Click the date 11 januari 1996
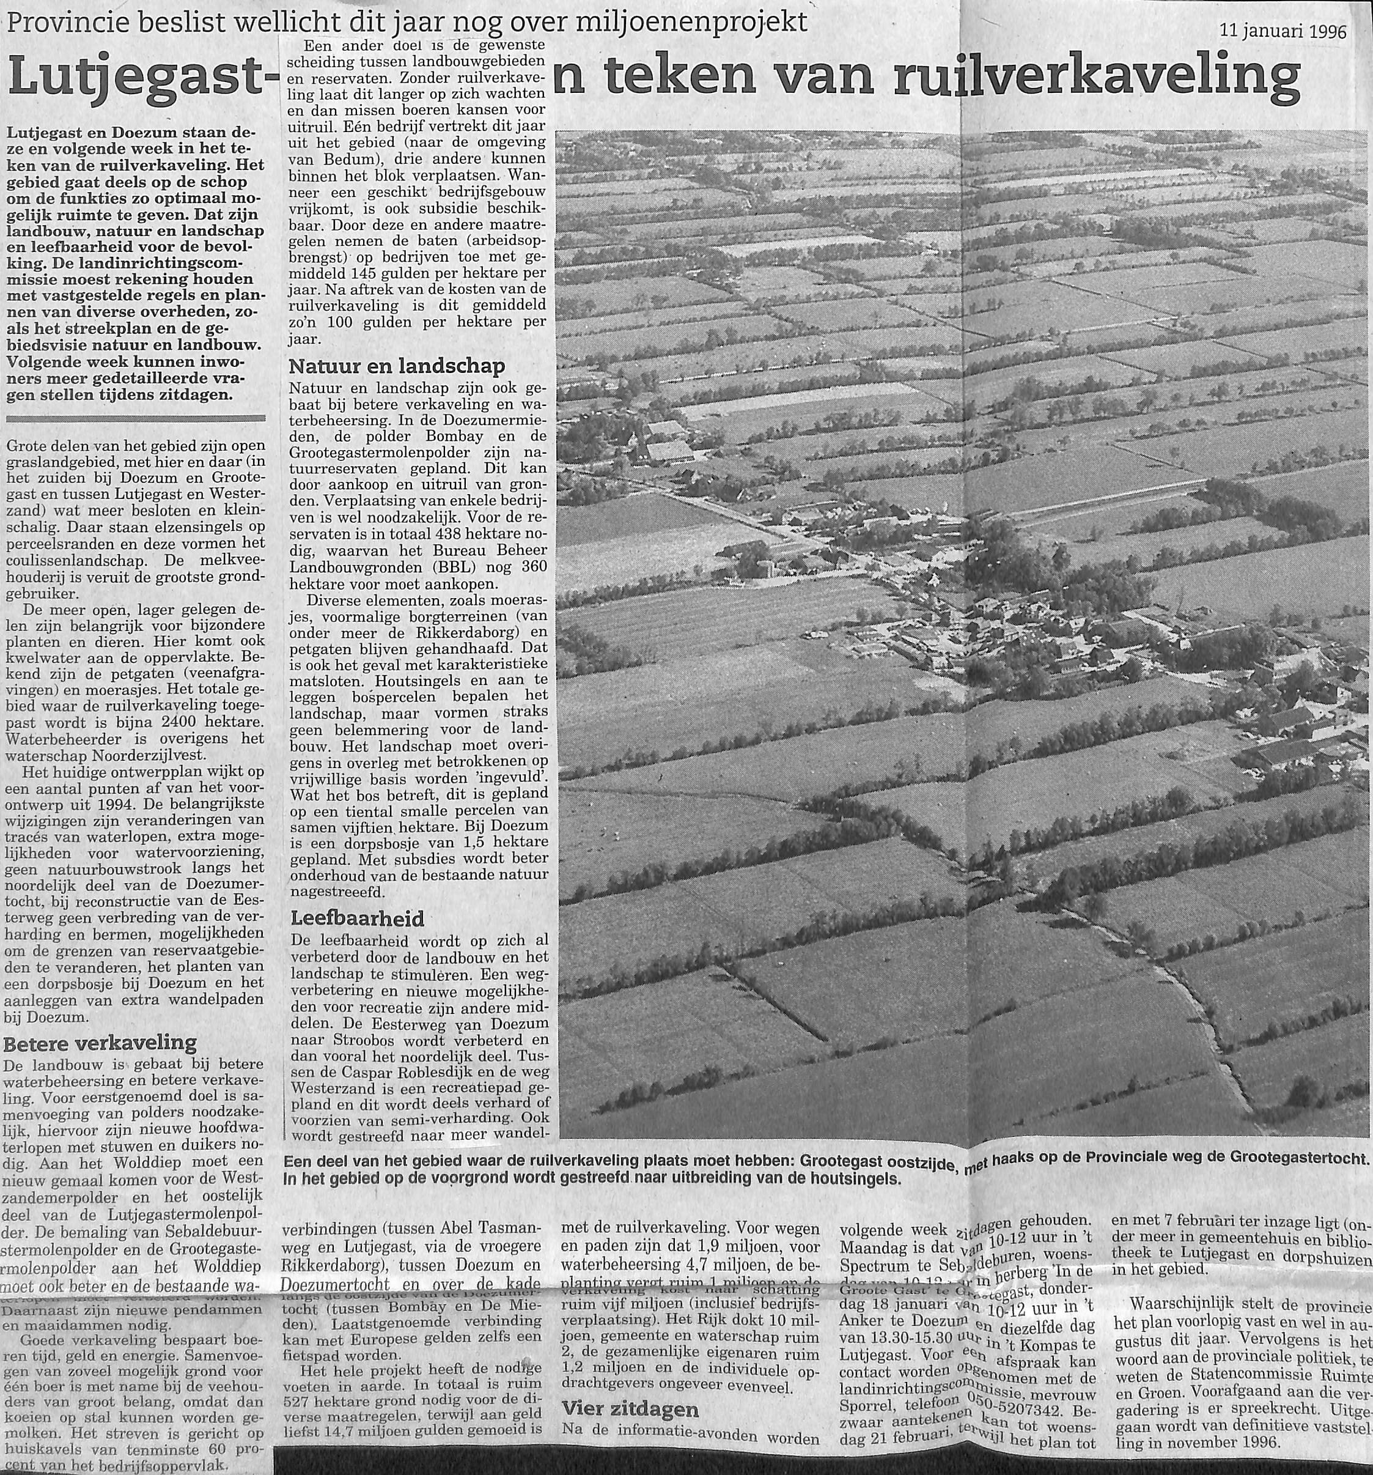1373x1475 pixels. click(1283, 32)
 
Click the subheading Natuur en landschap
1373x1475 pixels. click(396, 366)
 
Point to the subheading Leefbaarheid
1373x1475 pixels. click(357, 919)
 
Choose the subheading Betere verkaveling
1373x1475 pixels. click(100, 1044)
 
